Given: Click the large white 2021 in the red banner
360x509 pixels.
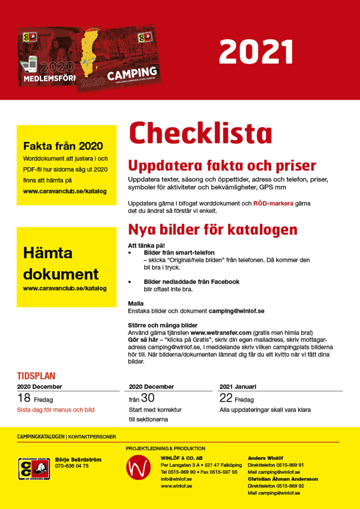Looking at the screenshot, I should click(256, 52).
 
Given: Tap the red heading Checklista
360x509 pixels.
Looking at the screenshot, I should click(201, 133).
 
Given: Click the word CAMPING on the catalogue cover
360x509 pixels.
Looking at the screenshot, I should click(132, 73).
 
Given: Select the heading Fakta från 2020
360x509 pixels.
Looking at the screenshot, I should click(63, 146).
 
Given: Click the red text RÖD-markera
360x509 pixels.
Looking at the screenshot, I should click(273, 203).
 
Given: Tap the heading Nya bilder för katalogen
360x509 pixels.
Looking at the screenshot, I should click(213, 230).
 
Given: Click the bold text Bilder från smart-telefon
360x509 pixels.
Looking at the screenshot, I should click(179, 253).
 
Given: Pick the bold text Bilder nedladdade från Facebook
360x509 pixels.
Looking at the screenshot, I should click(191, 282).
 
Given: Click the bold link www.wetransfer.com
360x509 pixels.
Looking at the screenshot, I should click(221, 333).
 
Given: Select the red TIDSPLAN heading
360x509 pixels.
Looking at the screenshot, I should click(36, 376).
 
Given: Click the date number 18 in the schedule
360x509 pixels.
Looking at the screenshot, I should click(24, 398).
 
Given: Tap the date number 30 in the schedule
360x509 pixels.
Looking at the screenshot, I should click(148, 398).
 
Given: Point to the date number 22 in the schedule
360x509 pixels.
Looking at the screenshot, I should click(226, 398).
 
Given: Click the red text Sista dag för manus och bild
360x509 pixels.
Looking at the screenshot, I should click(56, 410).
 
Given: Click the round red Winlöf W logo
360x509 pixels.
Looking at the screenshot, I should click(138, 467).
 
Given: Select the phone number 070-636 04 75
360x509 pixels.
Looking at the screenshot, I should click(72, 466).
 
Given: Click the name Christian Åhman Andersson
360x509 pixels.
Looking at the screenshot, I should click(283, 479).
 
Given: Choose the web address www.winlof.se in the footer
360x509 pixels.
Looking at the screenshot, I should click(176, 486).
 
